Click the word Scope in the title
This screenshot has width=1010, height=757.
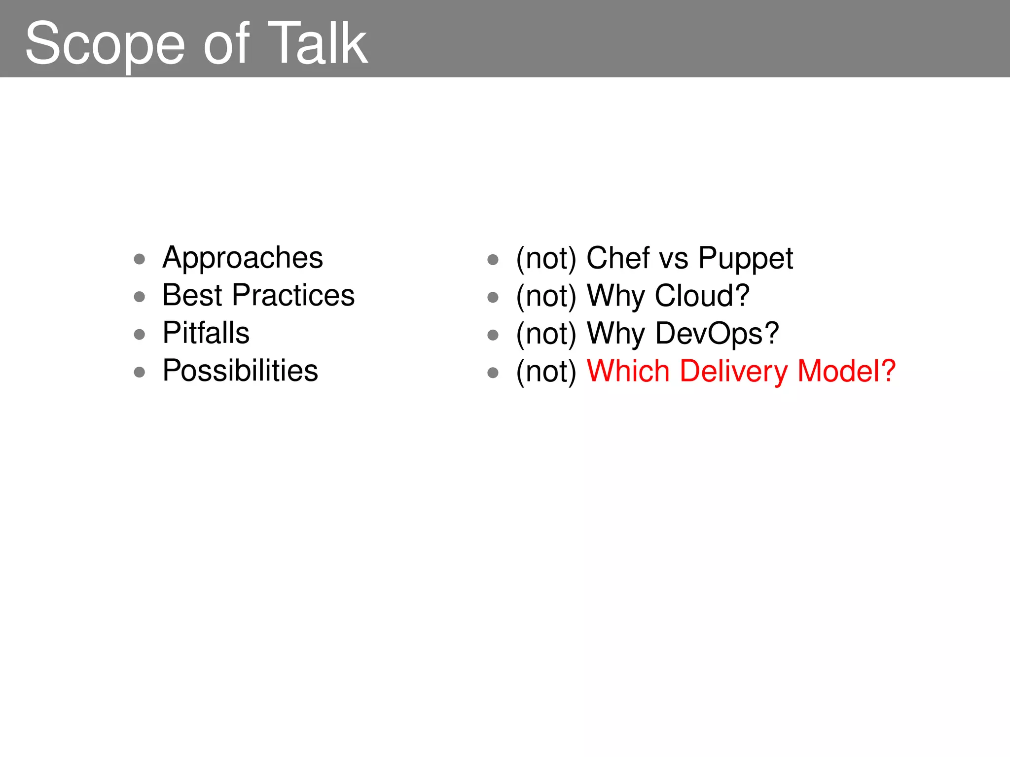click(x=105, y=44)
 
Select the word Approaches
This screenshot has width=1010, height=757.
click(x=243, y=258)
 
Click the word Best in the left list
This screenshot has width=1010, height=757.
click(x=192, y=295)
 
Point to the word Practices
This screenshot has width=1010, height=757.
click(x=293, y=295)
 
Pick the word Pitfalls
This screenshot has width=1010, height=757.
click(x=206, y=333)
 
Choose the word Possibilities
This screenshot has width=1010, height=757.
click(x=240, y=371)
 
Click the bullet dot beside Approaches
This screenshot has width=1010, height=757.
click(x=140, y=259)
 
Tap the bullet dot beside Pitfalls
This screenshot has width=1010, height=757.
click(x=140, y=335)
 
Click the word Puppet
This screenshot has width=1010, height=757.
click(x=746, y=259)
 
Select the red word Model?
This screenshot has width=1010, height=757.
click(x=846, y=371)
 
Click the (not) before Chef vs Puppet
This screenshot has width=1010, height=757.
click(x=546, y=259)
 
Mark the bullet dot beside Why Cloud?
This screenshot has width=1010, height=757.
click(x=493, y=297)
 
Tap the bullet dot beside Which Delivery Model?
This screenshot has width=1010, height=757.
click(x=493, y=373)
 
